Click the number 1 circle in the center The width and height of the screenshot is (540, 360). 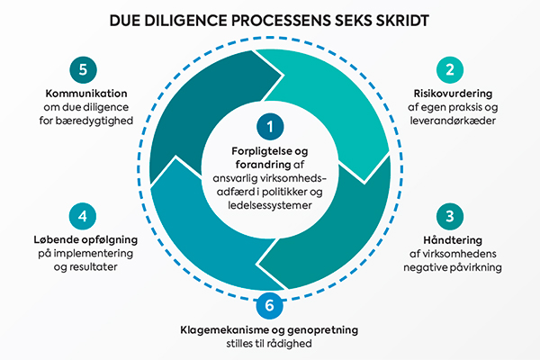point(269,125)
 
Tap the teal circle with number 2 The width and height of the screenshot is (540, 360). point(447,69)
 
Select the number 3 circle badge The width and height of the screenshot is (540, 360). point(447,216)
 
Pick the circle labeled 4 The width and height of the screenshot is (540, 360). point(83,216)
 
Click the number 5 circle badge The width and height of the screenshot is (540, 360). point(83,69)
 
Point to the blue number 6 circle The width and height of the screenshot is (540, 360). point(269,306)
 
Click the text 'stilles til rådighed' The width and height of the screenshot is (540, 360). point(269,345)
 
